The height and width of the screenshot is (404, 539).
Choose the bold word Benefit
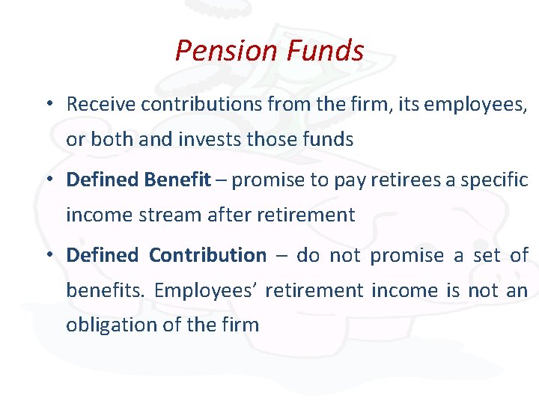pos(177,180)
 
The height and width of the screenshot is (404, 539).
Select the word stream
pos(162,215)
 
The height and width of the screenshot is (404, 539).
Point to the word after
pos(226,215)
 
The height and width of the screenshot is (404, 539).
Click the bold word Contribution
pos(207,255)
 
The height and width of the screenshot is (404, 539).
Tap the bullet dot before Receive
pos(47,104)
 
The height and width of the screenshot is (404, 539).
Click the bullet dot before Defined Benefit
pos(47,180)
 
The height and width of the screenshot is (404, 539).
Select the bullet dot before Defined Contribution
pos(47,255)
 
